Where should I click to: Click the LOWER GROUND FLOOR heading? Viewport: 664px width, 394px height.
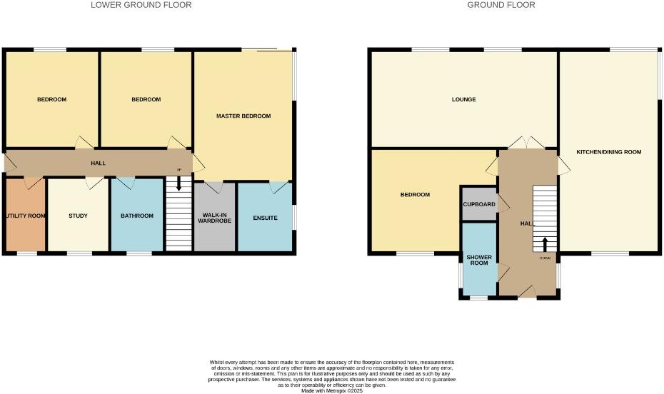[x=141, y=5]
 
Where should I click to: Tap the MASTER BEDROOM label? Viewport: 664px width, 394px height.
[x=243, y=116]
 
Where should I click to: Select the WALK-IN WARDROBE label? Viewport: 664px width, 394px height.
[x=215, y=217]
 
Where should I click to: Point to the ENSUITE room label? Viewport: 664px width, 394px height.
[x=265, y=217]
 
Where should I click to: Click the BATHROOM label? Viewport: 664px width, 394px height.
[x=137, y=216]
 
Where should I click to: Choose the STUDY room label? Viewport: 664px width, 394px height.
[x=78, y=216]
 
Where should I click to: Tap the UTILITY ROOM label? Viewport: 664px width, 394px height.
[x=26, y=216]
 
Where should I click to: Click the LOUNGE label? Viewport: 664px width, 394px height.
[x=463, y=99]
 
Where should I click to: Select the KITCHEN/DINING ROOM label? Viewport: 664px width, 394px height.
[x=609, y=152]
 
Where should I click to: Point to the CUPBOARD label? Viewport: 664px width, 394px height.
[x=479, y=204]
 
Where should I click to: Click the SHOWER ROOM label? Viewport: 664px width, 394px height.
[x=478, y=260]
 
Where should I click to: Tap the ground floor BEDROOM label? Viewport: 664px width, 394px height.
[x=415, y=195]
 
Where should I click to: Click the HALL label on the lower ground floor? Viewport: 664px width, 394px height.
[x=98, y=163]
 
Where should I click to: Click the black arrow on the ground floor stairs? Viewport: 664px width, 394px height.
[x=545, y=243]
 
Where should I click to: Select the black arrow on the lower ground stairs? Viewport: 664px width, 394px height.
[x=178, y=184]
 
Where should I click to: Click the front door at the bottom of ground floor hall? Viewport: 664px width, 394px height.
[x=528, y=291]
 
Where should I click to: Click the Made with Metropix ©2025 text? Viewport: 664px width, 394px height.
[x=332, y=390]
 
